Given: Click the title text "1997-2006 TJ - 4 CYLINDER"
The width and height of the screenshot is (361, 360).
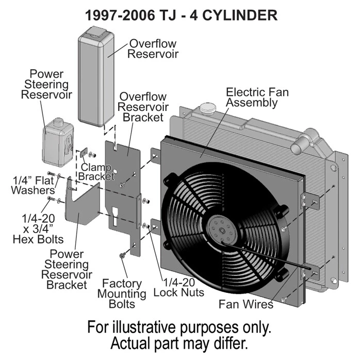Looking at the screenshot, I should pyautogui.click(x=181, y=15).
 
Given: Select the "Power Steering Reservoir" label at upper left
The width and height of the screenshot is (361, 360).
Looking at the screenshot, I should pyautogui.click(x=49, y=85).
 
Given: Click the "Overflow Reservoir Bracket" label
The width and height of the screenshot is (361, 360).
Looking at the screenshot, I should pyautogui.click(x=143, y=107).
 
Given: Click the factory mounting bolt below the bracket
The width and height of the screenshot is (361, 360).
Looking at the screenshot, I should pyautogui.click(x=120, y=256).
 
